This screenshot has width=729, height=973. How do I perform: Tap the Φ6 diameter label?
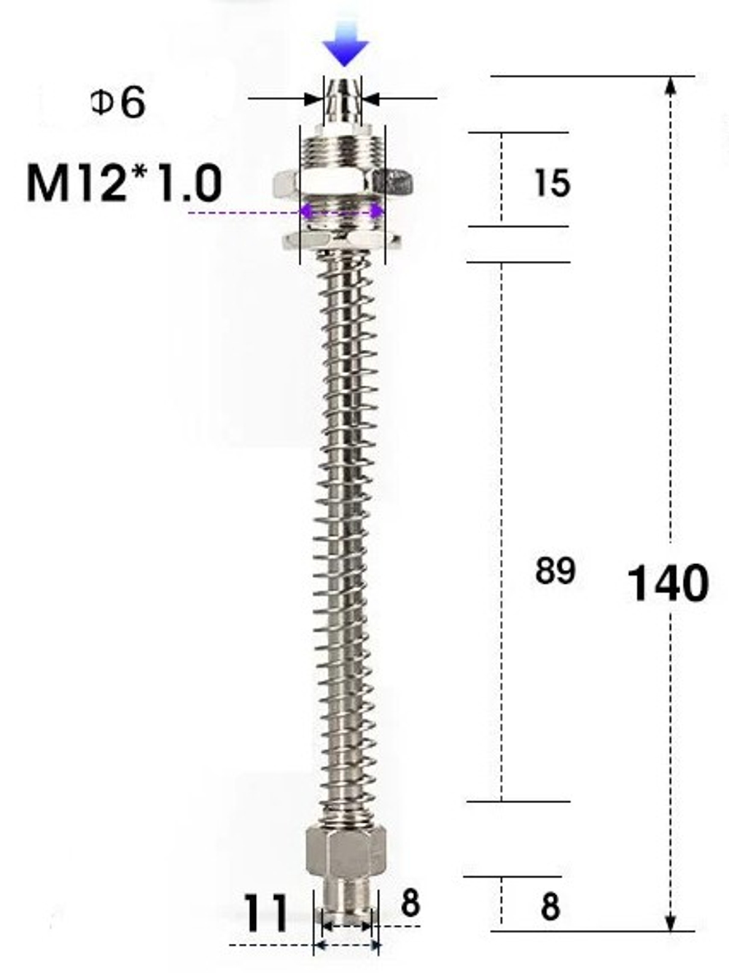[x=118, y=103]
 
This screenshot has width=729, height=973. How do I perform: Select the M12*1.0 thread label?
[x=124, y=183]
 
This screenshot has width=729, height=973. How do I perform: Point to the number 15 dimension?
[x=551, y=182]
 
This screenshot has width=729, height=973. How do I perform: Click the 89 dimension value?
[x=555, y=571]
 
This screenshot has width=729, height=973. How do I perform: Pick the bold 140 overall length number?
[x=668, y=583]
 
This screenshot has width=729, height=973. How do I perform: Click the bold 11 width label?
[x=265, y=913]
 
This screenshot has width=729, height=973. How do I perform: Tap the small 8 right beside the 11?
[x=410, y=904]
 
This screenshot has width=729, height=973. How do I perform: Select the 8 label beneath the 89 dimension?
[x=550, y=907]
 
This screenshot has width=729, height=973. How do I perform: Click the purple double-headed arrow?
[x=343, y=211]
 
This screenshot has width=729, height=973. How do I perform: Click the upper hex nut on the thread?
[x=343, y=184]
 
